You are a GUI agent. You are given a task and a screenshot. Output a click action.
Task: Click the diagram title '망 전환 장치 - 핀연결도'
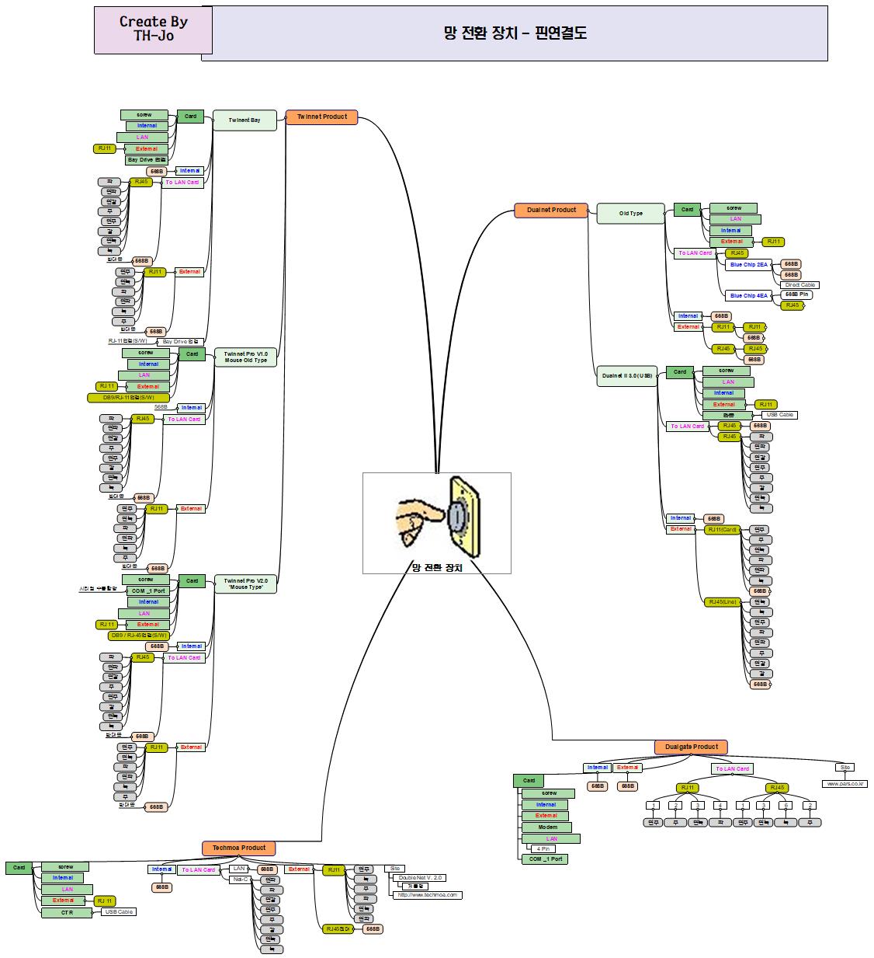pos(515,33)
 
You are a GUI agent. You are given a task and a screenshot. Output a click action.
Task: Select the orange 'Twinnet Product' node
pos(322,117)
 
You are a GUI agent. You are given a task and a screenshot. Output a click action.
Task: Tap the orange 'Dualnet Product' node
pos(551,210)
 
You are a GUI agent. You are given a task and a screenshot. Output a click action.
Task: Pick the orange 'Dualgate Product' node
pos(691,747)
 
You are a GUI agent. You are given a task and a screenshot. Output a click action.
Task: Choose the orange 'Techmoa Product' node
pos(239,848)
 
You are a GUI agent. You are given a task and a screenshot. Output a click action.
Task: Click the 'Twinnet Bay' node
pos(245,120)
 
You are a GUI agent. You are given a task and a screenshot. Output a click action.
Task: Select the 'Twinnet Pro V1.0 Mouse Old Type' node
pos(245,357)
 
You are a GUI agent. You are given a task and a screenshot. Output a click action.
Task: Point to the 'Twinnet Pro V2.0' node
pos(245,584)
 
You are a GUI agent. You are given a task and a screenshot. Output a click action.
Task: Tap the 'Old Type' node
pos(630,213)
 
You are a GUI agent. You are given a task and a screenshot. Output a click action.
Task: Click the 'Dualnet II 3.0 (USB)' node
pos(626,375)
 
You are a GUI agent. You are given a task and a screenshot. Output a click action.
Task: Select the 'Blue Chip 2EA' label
pos(748,265)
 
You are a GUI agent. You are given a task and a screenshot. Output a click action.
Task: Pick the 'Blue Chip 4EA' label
pos(748,296)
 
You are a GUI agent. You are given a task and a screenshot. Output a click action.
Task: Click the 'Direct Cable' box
pos(799,285)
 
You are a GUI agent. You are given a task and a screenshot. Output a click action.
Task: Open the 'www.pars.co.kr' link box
pos(845,784)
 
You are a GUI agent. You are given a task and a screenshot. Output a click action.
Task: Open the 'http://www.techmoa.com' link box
pos(428,895)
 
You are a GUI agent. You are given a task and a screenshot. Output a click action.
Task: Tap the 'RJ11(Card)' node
pos(723,530)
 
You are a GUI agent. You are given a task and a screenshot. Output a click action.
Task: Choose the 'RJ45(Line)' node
pos(722,602)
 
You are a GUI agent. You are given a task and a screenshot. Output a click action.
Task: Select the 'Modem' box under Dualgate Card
pos(547,827)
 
